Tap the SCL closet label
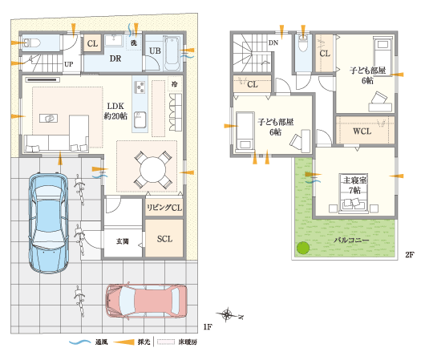(164, 238)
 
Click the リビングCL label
(164, 207)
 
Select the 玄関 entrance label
(123, 241)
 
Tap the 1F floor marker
(207, 327)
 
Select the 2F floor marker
(409, 255)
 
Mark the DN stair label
(273, 42)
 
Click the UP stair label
(69, 63)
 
